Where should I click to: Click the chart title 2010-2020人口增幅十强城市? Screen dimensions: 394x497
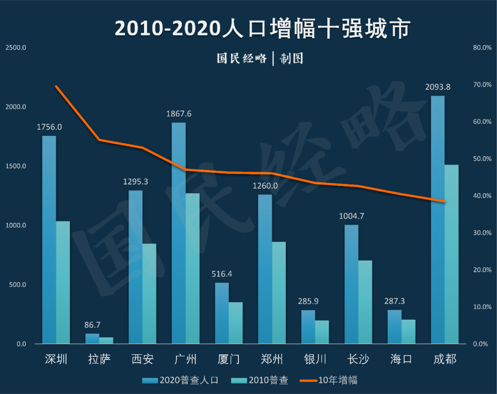coord(262,29)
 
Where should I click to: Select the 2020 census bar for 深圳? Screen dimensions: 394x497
coord(49,239)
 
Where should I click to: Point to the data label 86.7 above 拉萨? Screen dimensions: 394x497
coord(92,325)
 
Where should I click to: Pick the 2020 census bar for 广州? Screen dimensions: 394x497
coord(179,233)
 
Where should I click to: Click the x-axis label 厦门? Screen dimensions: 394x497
coord(229,359)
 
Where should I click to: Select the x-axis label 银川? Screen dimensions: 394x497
coord(315,359)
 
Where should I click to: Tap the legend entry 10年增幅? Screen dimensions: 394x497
coord(329,380)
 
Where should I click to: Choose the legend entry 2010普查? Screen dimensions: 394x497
coord(260,380)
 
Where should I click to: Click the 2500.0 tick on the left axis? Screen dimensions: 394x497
coord(16,47)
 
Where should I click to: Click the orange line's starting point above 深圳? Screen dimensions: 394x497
coord(56,87)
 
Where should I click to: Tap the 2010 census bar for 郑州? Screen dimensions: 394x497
coord(279,292)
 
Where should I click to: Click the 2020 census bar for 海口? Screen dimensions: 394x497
coord(394,327)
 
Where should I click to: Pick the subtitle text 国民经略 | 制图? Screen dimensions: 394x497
coord(260,58)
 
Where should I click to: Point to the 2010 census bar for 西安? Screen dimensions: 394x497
coord(150,294)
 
